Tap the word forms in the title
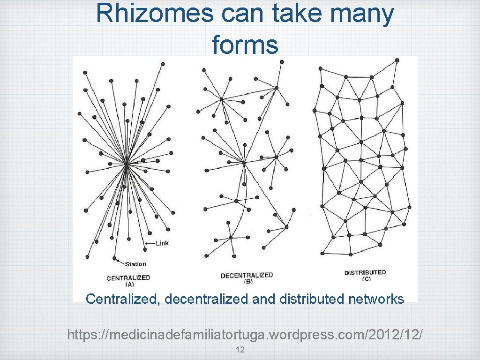[x=245, y=45]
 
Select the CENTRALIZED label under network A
[x=128, y=277]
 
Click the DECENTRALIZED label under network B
[x=247, y=275]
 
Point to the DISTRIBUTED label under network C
[x=365, y=272]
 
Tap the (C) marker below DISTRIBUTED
[x=366, y=279]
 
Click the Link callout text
[x=162, y=243]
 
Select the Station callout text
[x=135, y=264]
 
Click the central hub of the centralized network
[x=127, y=164]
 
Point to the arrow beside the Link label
[x=149, y=243]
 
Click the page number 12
[x=240, y=349]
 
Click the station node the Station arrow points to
[x=114, y=258]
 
